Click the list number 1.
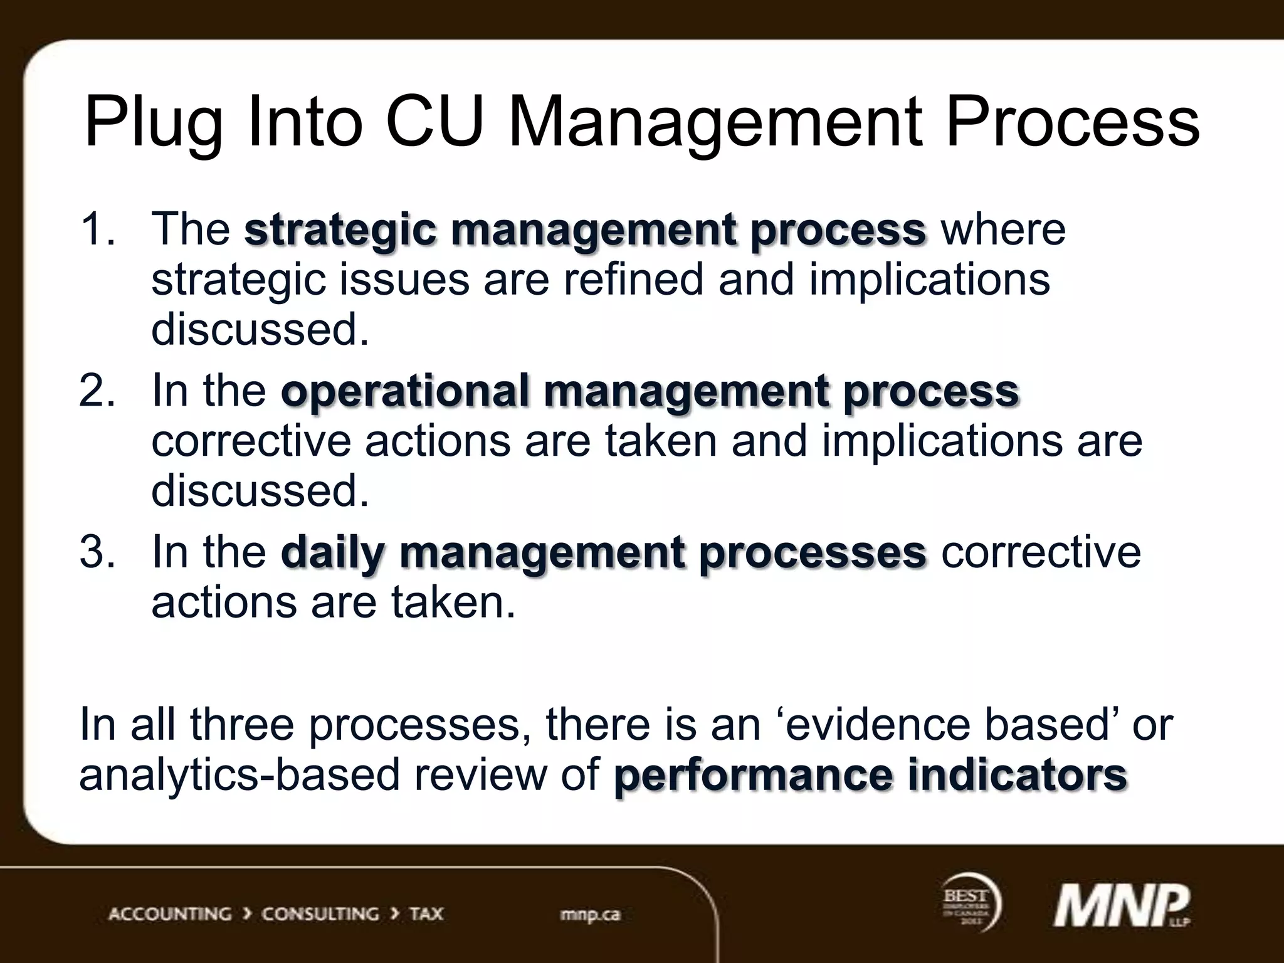pos(96,228)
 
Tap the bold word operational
pos(404,391)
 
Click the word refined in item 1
pos(633,279)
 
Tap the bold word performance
pos(752,776)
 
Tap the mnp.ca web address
pos(589,914)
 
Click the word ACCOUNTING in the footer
pos(170,914)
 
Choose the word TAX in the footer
pos(426,914)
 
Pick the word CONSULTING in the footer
pos(320,914)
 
